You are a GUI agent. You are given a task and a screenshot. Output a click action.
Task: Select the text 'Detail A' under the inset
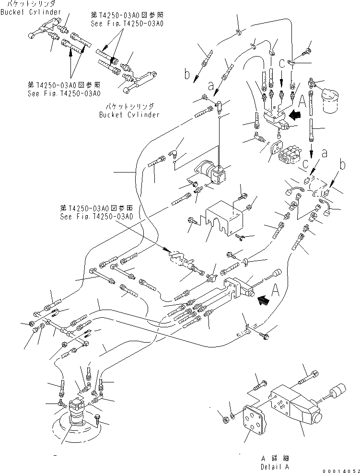tap(275, 466)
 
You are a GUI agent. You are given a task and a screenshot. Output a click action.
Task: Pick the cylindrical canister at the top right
tap(331, 101)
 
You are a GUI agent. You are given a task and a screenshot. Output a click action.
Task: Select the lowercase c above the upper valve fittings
tap(282, 62)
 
